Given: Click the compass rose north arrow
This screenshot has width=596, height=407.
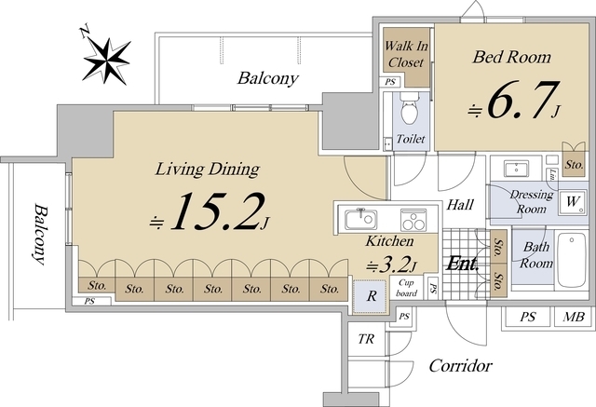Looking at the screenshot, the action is [x=105, y=60].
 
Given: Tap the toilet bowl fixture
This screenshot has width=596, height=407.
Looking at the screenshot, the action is [x=410, y=107].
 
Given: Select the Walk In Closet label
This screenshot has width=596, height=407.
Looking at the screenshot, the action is [x=406, y=54].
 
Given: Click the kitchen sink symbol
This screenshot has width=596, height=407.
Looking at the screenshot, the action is [x=360, y=220].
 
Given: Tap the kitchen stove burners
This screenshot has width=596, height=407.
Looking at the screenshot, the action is [x=413, y=220].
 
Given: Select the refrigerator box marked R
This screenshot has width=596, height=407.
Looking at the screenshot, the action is [x=371, y=296].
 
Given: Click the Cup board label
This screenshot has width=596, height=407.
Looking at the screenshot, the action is [x=406, y=288].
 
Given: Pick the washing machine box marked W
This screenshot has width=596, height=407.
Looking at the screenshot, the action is [x=573, y=202].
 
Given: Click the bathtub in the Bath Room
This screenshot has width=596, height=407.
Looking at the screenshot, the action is [x=571, y=261].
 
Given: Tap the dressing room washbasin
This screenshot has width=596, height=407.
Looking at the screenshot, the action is [x=516, y=169].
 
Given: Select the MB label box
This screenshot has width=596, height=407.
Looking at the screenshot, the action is [x=574, y=316].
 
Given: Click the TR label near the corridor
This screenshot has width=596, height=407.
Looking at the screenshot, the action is [x=366, y=339].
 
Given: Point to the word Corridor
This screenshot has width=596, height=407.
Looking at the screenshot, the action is [x=460, y=366].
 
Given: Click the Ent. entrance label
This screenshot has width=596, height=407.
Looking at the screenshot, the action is [x=462, y=264].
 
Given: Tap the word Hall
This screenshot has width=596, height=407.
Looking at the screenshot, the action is [x=460, y=205].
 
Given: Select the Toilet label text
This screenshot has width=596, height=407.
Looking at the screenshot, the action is [x=411, y=139].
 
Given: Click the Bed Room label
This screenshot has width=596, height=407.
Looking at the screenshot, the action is [x=511, y=57].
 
